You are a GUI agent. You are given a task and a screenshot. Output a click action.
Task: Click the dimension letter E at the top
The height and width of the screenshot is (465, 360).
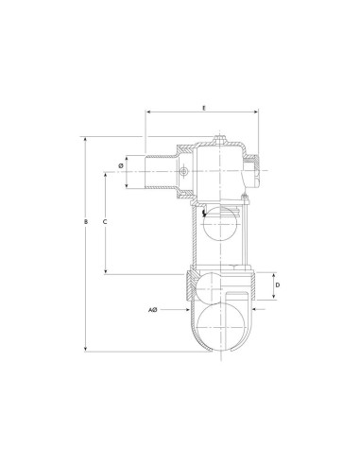(x=204, y=108)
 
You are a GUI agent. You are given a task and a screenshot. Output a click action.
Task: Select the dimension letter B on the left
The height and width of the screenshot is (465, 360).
(x=85, y=222)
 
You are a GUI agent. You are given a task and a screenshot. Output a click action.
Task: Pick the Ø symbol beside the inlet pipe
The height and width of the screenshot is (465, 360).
(x=120, y=166)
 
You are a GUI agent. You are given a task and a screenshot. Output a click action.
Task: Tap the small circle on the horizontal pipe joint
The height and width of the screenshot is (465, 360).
(x=185, y=172)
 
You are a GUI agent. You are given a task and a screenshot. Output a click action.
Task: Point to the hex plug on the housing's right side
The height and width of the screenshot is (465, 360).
(x=258, y=172)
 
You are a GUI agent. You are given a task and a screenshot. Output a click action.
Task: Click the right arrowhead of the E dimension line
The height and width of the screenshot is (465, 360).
(x=260, y=113)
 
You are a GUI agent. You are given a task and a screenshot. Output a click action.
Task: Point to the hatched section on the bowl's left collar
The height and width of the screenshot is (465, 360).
(x=193, y=284)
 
